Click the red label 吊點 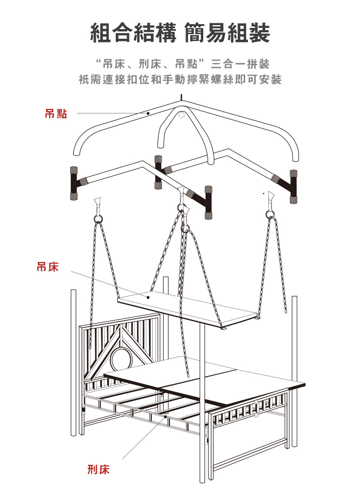pyautogui.click(x=56, y=114)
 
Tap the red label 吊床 pyautogui.click(x=48, y=267)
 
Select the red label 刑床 pyautogui.click(x=98, y=469)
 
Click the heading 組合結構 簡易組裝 pyautogui.click(x=180, y=33)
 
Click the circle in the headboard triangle pyautogui.click(x=121, y=359)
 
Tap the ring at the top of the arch pyautogui.click(x=182, y=115)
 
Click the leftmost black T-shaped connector pyautogui.click(x=73, y=184)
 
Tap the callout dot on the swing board pyautogui.click(x=148, y=297)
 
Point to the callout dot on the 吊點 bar pyautogui.click(x=149, y=113)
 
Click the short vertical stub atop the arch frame pyautogui.click(x=181, y=97)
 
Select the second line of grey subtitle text pyautogui.click(x=180, y=80)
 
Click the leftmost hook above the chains pyautogui.click(x=98, y=203)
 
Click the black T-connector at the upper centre pyautogui.click(x=158, y=172)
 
